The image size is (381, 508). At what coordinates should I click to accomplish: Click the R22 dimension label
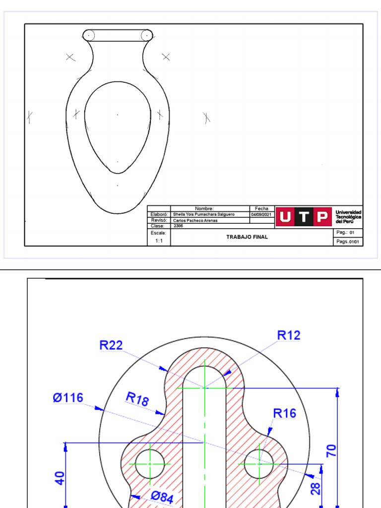pos(111,345)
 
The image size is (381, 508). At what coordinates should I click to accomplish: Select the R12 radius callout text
pos(289,335)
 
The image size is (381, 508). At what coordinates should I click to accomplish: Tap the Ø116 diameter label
pos(68,398)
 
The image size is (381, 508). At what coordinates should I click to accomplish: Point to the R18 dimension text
pos(137,399)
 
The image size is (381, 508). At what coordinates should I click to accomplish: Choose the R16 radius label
pos(285,413)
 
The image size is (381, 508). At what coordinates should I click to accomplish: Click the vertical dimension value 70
pos(331,450)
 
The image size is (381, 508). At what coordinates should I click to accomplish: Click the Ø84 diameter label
pos(162,497)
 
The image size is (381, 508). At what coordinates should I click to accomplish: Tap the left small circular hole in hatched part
pos(150,464)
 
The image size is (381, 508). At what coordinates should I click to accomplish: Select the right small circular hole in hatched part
pos(259,464)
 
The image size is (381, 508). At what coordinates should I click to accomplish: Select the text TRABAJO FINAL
pos(247,237)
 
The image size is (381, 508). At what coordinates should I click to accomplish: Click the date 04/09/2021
pos(261,214)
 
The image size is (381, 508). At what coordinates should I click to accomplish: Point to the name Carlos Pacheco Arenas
pos(195,220)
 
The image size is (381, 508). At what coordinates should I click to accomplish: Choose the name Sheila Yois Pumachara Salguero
pos(204,214)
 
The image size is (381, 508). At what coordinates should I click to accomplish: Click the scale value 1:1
pos(159,241)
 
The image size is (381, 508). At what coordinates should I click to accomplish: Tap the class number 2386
pos(178,226)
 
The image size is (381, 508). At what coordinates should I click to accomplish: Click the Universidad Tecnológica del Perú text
pos(348,217)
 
